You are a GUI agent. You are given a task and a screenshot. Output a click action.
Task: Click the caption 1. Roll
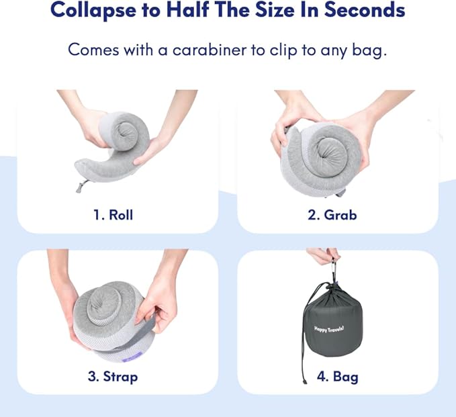[x=113, y=215]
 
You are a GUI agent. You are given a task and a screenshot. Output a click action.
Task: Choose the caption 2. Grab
[x=332, y=215]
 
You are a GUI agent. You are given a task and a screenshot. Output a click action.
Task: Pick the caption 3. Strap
[x=113, y=376]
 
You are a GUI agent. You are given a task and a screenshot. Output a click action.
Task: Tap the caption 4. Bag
[x=337, y=376]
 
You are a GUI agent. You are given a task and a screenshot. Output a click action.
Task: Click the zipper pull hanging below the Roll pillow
[x=81, y=186]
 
